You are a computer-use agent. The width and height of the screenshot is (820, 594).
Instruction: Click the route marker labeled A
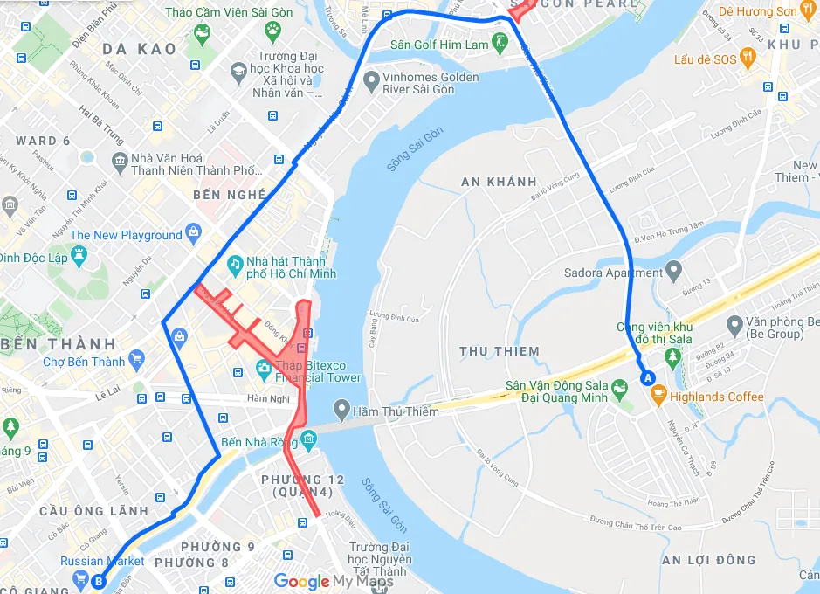[647, 378]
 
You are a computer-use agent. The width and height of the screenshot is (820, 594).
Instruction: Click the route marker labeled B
[99, 580]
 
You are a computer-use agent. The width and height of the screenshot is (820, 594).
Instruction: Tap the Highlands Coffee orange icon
[658, 397]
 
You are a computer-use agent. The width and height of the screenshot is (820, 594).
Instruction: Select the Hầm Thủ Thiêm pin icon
[341, 411]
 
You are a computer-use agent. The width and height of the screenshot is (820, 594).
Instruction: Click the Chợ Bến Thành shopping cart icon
[135, 360]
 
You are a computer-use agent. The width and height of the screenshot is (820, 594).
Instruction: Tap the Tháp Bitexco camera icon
[263, 368]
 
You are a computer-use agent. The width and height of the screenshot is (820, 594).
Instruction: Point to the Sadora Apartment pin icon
[672, 271]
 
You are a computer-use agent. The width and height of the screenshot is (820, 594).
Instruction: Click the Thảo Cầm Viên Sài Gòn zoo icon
[273, 31]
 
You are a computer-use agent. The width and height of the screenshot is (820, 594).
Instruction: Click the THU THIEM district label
[500, 351]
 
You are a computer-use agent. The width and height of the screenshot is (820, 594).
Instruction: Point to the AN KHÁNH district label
[499, 182]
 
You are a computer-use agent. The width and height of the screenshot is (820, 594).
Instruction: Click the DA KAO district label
[140, 49]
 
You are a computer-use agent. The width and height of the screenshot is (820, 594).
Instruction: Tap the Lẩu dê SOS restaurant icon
[747, 59]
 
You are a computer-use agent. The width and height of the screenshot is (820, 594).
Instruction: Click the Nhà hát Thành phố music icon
[234, 263]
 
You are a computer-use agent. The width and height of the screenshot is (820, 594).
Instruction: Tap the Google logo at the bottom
[301, 581]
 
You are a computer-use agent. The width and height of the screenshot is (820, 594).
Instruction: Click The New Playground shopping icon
[193, 232]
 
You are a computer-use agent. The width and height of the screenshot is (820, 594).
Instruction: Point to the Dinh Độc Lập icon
[79, 256]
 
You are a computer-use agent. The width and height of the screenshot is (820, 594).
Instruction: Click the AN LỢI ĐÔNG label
[708, 560]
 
